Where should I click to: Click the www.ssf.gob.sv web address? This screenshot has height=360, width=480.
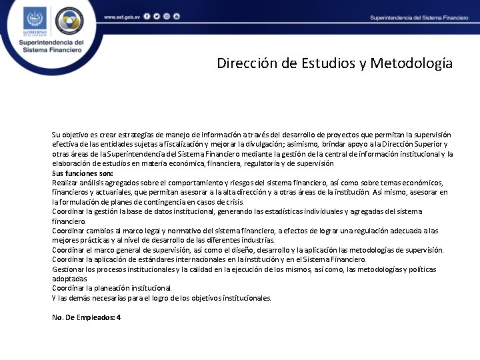click(122, 16)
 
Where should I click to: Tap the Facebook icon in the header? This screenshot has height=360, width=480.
click(147, 16)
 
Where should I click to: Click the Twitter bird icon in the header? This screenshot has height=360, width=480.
click(157, 16)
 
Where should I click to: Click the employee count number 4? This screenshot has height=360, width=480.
click(119, 317)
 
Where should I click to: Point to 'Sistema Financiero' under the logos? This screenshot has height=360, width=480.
click(51, 50)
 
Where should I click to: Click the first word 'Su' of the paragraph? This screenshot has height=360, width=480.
click(56, 134)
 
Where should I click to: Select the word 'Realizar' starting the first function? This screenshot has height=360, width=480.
click(65, 182)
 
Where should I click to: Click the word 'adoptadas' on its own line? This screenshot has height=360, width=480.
click(69, 278)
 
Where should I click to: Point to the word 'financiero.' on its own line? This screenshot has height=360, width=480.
click(69, 221)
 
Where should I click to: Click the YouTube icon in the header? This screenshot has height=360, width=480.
click(176, 16)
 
